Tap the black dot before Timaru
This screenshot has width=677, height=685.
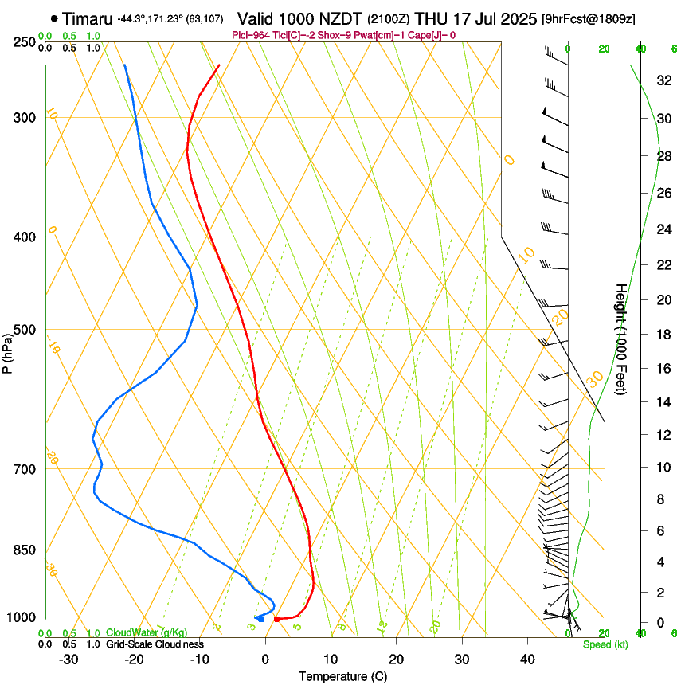[x=54, y=18]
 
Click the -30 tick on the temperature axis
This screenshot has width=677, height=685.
[x=68, y=659]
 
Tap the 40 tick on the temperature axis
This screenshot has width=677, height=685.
[x=526, y=659]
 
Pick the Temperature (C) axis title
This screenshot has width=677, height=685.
[x=342, y=676]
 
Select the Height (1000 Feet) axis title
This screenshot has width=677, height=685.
[x=620, y=339]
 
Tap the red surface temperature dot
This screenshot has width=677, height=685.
[x=276, y=619]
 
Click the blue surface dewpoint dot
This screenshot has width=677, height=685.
[x=260, y=619]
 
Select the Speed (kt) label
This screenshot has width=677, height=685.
[x=605, y=644]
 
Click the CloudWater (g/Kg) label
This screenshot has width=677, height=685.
[x=147, y=633]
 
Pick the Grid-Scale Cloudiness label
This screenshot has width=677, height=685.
[x=155, y=644]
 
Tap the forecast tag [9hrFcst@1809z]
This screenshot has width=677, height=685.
[x=588, y=18]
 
